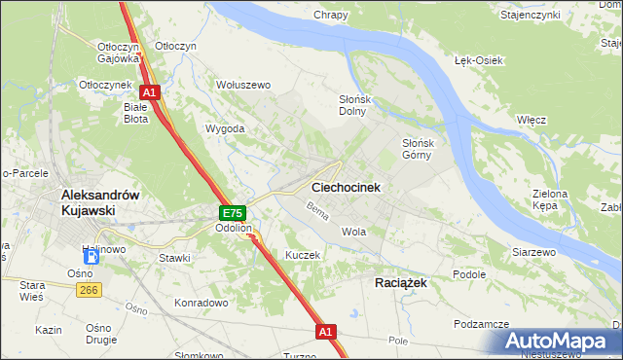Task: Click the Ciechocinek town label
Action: (x=346, y=186)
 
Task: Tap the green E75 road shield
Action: (x=232, y=213)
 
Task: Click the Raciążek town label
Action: (x=401, y=281)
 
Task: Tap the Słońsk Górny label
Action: (x=424, y=149)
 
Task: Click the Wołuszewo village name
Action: (x=242, y=85)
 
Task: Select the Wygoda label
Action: (x=225, y=128)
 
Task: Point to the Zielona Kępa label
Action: (x=550, y=200)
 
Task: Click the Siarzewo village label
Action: (x=533, y=252)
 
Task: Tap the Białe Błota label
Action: (x=135, y=114)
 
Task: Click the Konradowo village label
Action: (x=201, y=303)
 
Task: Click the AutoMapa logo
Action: (x=560, y=342)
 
